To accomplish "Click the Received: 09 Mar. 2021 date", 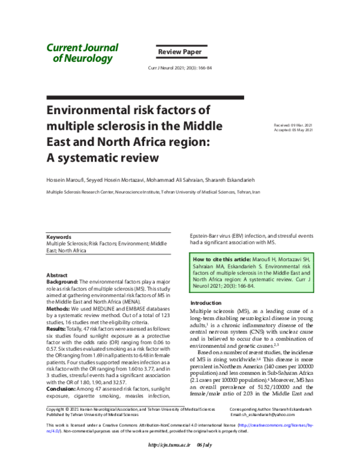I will (293, 124).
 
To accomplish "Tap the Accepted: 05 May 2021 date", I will (293, 130).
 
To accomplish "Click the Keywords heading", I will (59, 237).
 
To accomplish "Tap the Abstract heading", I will (57, 275).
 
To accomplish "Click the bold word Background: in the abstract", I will (62, 281).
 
